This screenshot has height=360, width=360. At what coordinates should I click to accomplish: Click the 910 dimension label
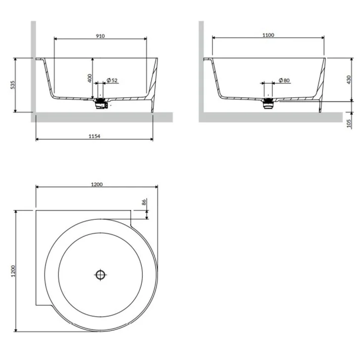[x=101, y=36]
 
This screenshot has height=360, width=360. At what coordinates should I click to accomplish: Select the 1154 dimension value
[x=95, y=136]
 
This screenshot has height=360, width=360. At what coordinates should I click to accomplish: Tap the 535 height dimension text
[x=13, y=85]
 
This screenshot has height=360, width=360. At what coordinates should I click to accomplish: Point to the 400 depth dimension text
[x=90, y=78]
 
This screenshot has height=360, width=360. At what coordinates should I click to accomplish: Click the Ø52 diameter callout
[x=112, y=80]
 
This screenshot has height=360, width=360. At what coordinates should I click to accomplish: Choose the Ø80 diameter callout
[x=284, y=80]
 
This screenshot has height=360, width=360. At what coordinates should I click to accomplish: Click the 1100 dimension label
[x=268, y=35]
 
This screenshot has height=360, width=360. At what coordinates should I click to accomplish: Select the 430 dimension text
[x=349, y=79]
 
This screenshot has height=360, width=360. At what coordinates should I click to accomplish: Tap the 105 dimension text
[x=349, y=123]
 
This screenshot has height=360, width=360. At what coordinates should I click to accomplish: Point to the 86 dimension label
[x=144, y=202]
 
